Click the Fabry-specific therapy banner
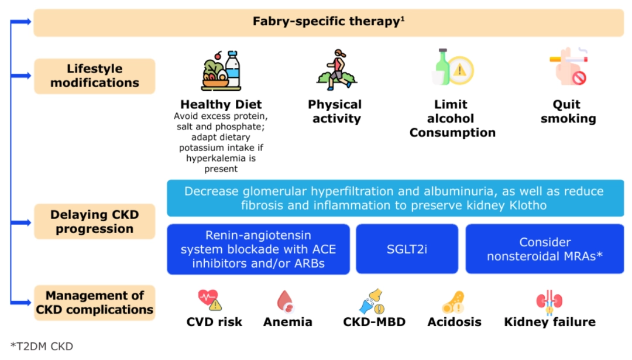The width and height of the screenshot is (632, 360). coord(328,23)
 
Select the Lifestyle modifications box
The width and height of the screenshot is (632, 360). coord(95,76)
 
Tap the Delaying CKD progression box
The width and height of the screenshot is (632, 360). coord(95,221)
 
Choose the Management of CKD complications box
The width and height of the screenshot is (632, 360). coord(95,303)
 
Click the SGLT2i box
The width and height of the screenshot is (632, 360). coord(407,249)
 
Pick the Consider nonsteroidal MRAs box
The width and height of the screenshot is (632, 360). coord(545,249)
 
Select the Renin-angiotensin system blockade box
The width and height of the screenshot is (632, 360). coord(259,249)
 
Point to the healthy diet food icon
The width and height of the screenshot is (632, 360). coord(221,71)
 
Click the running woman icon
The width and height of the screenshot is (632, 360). coord(336,70)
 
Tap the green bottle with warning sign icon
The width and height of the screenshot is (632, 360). coord(452,67)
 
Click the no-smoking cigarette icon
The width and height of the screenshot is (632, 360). coord(569,66)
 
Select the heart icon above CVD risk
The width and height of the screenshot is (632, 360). coord(209,300)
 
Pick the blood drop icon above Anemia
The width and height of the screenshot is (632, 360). coord(286,301)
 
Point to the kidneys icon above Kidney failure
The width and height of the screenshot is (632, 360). coord(549,301)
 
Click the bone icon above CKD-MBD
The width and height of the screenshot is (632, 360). coord(372,301)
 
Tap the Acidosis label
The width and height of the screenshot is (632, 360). coord(454,322)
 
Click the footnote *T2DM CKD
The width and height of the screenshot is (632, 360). coord(42,347)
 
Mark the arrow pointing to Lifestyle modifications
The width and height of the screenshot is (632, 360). coord(21,76)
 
